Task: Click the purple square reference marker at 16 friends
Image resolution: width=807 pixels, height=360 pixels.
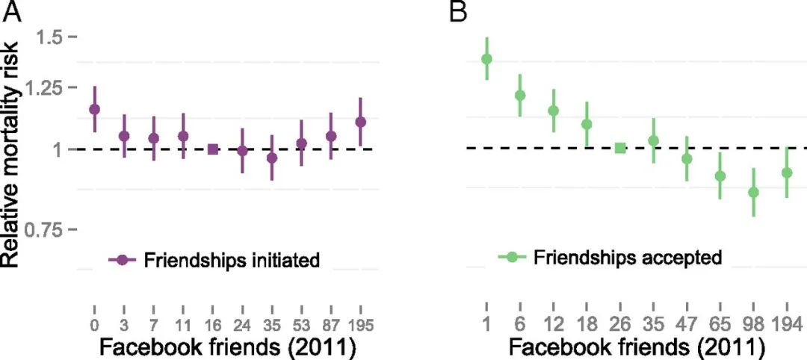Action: [x=213, y=149]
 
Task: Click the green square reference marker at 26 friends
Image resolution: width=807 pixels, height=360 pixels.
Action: [x=619, y=148]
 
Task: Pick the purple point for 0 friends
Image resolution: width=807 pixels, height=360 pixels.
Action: [x=94, y=109]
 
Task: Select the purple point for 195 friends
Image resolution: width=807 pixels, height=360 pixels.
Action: [x=361, y=122]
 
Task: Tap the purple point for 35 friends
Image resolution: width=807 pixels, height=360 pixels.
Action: [x=272, y=158]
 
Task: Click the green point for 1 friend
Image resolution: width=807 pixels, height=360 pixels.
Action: [x=486, y=58]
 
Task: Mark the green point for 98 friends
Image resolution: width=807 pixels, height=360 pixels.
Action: [x=753, y=192]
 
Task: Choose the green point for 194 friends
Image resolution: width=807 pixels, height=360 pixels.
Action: [x=786, y=173]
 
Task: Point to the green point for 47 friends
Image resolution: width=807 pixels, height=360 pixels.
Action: [x=687, y=158]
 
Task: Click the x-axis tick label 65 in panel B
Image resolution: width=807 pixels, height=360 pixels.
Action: [x=720, y=325]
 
